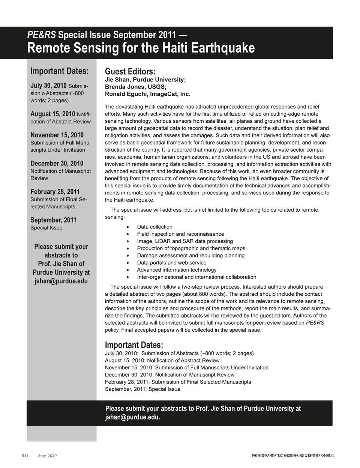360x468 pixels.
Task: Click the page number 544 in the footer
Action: tap(25, 456)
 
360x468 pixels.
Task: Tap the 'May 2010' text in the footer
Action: tap(48, 456)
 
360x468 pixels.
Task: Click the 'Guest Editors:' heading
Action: tap(130, 72)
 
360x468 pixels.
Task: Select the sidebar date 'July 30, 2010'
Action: tap(48, 86)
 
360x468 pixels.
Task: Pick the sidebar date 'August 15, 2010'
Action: tap(52, 114)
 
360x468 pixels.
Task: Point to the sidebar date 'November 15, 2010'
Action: tap(57, 135)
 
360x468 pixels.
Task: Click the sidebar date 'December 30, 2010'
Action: tap(57, 163)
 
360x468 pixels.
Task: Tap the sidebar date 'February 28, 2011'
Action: tap(55, 191)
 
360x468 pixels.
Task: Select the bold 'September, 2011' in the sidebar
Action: tap(53, 220)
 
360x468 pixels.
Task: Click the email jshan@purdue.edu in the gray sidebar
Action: tap(61, 281)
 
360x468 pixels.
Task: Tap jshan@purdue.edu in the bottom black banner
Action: tap(132, 417)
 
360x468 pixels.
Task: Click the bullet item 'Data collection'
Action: tap(154, 227)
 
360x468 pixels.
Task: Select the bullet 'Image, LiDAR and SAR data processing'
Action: tap(185, 241)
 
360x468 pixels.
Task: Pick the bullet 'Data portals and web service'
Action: tap(172, 263)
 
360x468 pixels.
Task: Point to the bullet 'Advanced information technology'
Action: tap(177, 270)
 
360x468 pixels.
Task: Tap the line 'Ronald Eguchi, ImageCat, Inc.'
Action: tap(147, 94)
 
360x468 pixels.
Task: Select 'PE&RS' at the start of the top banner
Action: tap(42, 35)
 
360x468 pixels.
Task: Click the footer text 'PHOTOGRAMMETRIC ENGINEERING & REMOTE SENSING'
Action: tap(292, 456)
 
